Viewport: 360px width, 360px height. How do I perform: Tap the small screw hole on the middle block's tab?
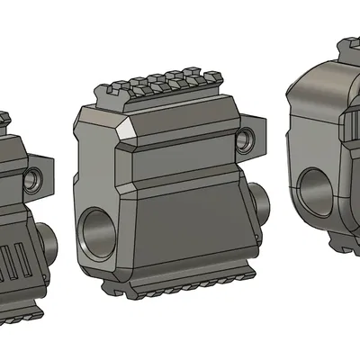point(244,139)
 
